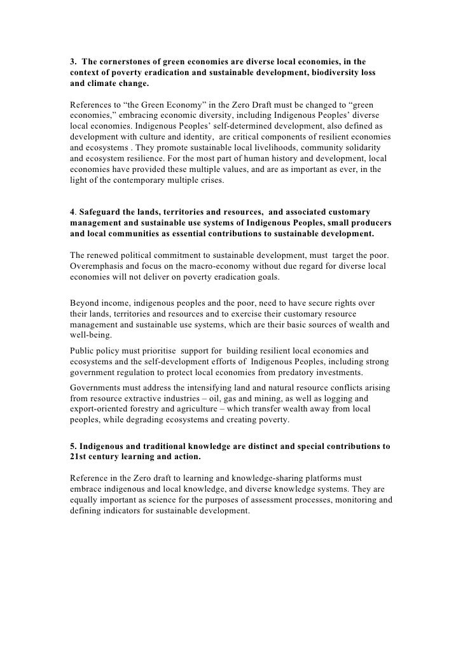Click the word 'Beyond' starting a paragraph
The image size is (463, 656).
[x=83, y=304]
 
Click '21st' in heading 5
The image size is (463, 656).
[x=78, y=457]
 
